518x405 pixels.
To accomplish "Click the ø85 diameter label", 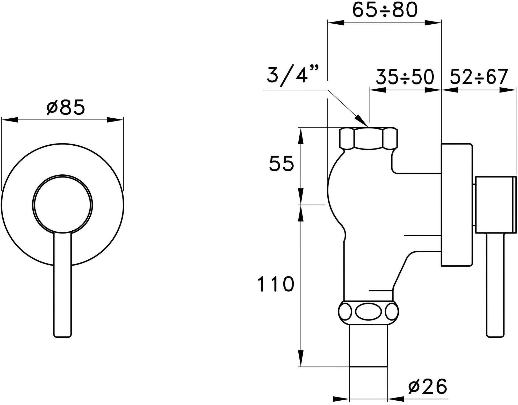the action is (66, 107).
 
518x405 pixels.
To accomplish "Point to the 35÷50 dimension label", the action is (405, 77).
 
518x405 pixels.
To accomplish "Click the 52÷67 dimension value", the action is (479, 77).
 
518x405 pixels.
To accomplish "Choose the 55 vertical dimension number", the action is (282, 164).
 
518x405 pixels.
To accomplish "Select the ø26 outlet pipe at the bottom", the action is (368, 345).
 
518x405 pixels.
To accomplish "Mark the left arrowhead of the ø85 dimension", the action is (10, 120).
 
